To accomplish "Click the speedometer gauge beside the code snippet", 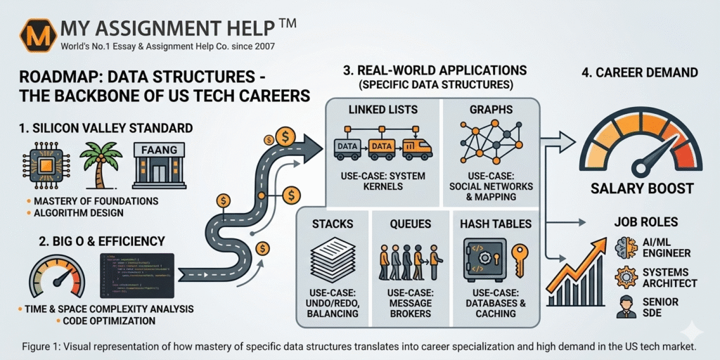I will point(56,278).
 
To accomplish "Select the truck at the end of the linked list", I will point(417,147).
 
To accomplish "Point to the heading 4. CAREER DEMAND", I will point(638,72).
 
